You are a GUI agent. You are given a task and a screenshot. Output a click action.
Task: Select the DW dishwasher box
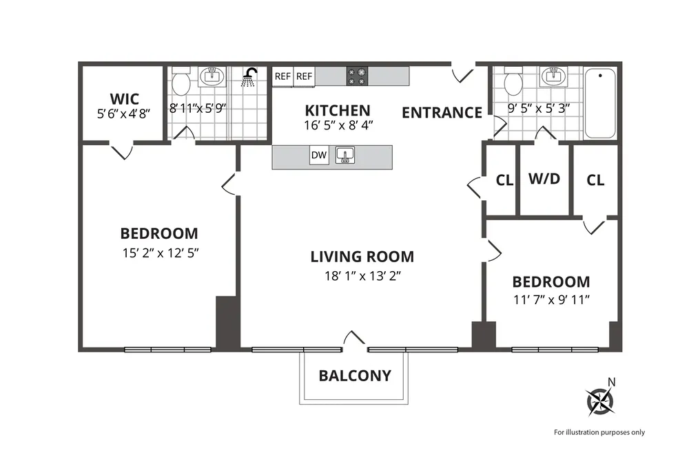click(319, 156)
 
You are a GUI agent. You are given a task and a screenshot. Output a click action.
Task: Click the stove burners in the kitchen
click(356, 76)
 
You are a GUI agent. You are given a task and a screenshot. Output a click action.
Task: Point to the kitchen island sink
click(344, 156)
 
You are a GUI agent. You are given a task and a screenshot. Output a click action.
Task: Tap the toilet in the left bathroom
click(181, 83)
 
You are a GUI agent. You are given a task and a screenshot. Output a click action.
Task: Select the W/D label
click(544, 180)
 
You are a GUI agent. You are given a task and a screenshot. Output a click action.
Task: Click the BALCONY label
click(355, 376)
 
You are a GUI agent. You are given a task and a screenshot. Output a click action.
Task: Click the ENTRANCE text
click(442, 113)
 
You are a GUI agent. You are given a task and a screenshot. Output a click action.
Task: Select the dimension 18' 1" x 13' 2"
click(362, 276)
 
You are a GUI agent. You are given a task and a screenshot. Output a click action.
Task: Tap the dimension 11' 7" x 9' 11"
click(551, 299)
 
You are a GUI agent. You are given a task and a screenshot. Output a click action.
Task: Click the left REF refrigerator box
click(283, 76)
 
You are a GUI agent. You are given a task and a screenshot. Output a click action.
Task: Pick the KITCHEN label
click(338, 110)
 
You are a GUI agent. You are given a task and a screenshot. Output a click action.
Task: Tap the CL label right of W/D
click(595, 180)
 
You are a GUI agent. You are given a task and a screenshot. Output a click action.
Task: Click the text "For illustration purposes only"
click(599, 432)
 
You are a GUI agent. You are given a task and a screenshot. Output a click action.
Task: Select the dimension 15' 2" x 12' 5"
click(159, 253)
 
